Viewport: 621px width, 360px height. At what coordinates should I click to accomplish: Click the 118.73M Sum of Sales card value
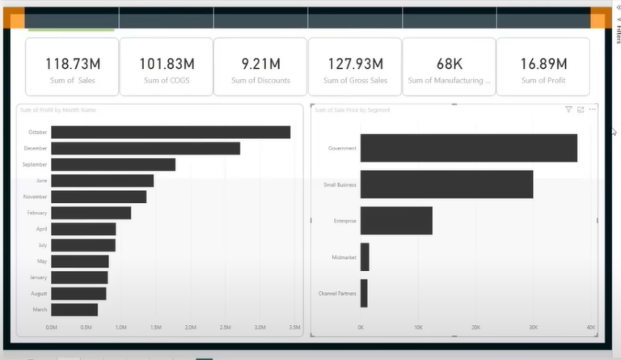pos(71,63)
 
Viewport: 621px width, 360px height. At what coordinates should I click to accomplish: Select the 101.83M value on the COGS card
pos(167,63)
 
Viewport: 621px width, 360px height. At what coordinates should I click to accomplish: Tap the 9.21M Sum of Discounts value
pos(260,63)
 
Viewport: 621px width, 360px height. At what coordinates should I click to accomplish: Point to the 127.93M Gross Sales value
pos(354,63)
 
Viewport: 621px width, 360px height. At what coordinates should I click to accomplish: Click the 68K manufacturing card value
pos(449,63)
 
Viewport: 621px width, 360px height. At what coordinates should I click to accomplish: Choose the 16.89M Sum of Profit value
pos(543,63)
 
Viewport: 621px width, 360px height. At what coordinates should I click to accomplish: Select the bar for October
pos(171,132)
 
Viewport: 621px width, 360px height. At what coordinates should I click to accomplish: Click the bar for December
pos(146,148)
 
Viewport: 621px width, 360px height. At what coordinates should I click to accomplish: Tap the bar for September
pos(113,164)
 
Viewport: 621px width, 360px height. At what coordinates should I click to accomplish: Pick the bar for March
pos(74,310)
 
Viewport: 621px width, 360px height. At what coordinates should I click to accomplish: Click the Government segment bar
pos(468,148)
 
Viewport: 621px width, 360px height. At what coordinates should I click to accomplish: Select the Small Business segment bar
pos(446,184)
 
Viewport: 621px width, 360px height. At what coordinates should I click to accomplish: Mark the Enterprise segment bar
pos(396,221)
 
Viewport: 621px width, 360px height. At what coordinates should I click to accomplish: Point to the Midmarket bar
pos(365,257)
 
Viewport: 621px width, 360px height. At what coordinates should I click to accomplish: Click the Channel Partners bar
pos(364,293)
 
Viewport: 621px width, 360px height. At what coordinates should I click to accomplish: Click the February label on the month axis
pos(37,213)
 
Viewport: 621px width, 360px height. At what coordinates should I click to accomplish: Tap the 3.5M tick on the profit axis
pos(295,328)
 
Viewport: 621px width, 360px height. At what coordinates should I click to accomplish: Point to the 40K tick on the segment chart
pos(590,328)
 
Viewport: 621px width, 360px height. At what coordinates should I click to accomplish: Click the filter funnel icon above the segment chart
pos(568,109)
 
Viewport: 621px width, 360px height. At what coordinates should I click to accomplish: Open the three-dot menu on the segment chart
pos(593,109)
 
